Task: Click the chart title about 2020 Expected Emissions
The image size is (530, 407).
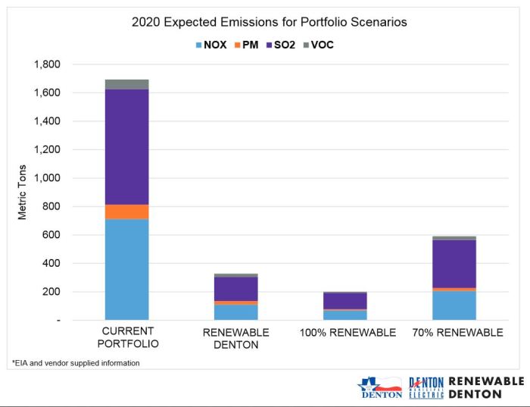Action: pos(269,22)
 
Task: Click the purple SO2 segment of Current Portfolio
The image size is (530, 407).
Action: pos(127,147)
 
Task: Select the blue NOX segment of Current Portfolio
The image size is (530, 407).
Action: pos(127,269)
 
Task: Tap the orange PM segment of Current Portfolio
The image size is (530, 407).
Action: pos(127,211)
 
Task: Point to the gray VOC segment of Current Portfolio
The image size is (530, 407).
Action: pos(127,84)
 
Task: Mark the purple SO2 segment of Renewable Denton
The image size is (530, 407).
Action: pos(235,289)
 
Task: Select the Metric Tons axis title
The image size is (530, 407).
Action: pos(22,193)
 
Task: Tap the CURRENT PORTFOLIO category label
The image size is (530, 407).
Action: pos(127,338)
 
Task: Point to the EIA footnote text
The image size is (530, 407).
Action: pos(75,363)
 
